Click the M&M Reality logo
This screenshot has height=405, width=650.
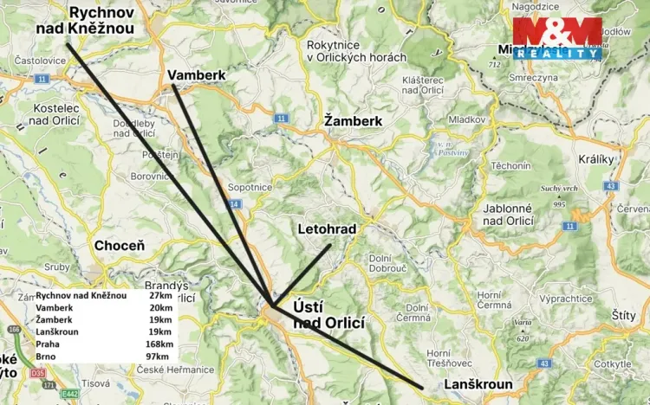coord(556,39)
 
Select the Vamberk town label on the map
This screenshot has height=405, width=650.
coord(197,74)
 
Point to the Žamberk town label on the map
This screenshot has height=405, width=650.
coord(353,121)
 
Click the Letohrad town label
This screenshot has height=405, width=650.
coord(327,229)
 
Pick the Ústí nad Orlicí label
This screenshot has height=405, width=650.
coord(328,314)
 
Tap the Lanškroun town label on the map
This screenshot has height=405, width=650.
coord(478,384)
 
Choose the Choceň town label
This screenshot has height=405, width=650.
coord(119,246)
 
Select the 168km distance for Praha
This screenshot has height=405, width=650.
coord(158,344)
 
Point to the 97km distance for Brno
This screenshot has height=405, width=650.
coord(159,356)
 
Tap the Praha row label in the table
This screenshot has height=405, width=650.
coord(49,344)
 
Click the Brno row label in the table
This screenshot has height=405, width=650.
coord(47,356)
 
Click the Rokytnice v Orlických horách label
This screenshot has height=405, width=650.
coord(356,50)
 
